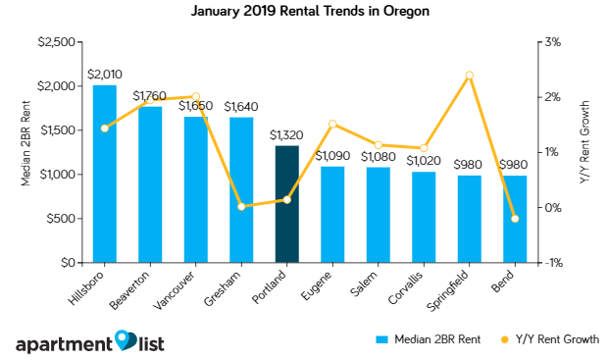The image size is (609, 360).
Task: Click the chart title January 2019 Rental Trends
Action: point(304,13)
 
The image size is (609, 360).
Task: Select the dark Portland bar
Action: point(286,204)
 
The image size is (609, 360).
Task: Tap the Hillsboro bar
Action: point(104,174)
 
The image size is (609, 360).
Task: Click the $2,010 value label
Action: point(104,74)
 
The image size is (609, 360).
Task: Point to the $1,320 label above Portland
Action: point(286,134)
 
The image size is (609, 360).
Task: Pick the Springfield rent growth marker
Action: point(469,76)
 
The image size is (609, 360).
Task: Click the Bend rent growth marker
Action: point(515,218)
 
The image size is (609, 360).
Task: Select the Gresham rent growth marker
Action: point(241,206)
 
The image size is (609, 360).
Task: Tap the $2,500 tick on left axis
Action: point(58,41)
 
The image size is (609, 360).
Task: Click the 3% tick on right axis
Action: point(553,41)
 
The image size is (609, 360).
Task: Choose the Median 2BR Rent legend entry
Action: point(428,339)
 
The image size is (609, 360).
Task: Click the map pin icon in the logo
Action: point(125,339)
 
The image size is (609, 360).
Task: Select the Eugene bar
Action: point(332,214)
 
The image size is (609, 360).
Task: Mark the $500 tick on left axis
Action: point(63,219)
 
